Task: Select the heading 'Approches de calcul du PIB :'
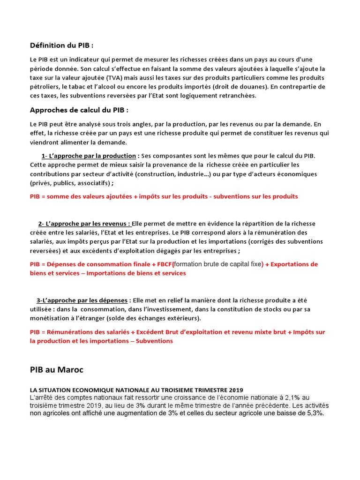pyautogui.click(x=79, y=110)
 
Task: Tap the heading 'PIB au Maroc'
pyautogui.click(x=56, y=370)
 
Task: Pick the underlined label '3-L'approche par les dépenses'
pyautogui.click(x=82, y=300)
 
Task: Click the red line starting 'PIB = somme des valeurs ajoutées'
pyautogui.click(x=164, y=196)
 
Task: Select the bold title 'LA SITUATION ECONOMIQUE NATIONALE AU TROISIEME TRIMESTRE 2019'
pyautogui.click(x=136, y=390)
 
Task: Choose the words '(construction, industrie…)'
pyautogui.click(x=171, y=174)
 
